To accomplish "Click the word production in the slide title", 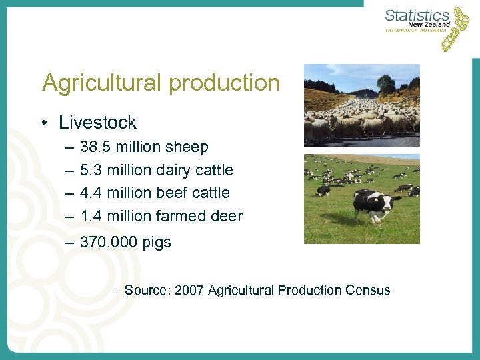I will click(x=224, y=84).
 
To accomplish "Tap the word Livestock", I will click(x=97, y=123).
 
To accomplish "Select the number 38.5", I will click(x=95, y=147).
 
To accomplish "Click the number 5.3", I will click(x=91, y=170).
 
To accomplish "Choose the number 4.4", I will click(x=91, y=193).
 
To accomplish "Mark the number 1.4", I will click(x=91, y=216).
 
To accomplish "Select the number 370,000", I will click(x=107, y=243).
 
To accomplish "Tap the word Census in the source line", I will click(x=368, y=290).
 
